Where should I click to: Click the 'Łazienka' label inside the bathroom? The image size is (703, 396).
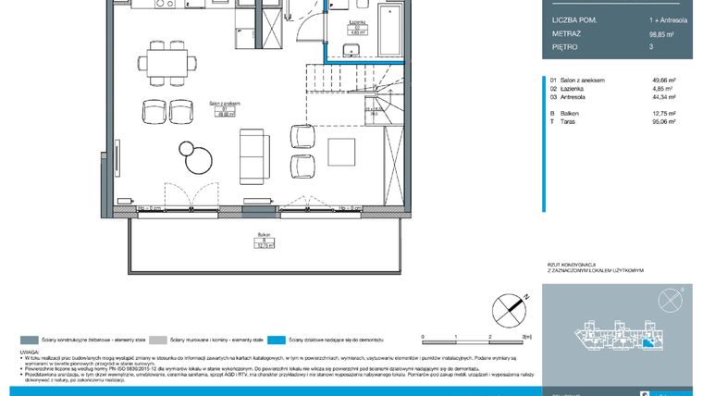tap(355, 20)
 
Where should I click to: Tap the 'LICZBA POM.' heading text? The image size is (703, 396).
tap(575, 19)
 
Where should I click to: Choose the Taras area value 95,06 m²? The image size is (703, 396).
tap(664, 119)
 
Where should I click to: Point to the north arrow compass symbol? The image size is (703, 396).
tap(507, 307)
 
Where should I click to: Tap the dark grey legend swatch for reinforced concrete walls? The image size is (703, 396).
tap(29, 340)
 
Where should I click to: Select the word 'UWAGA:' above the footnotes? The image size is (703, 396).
tap(29, 353)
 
